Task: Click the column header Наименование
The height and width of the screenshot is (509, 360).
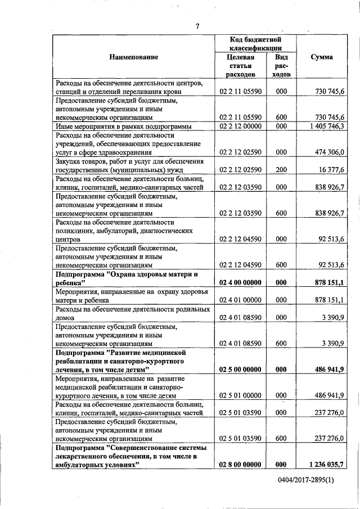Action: click(134, 57)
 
